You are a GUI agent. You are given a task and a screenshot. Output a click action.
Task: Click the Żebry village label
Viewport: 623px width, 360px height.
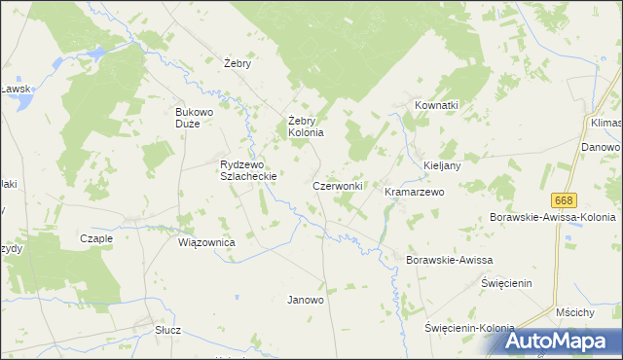[x=238, y=63]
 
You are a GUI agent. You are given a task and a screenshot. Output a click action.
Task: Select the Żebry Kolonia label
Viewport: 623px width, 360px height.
[x=305, y=126]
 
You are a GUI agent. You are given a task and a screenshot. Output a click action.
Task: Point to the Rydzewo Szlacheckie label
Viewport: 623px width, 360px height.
[x=249, y=170]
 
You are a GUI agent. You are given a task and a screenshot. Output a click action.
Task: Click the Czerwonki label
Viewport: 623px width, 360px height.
[x=338, y=185]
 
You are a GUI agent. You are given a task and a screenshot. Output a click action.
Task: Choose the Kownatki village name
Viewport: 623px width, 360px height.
[x=436, y=104]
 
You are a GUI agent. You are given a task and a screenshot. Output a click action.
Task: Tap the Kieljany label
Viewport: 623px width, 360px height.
[x=442, y=165]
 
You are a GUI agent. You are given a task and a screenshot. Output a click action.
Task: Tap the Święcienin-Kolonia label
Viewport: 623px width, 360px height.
[x=469, y=328]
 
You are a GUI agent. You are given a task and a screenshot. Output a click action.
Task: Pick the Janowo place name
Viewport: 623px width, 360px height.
[x=305, y=300]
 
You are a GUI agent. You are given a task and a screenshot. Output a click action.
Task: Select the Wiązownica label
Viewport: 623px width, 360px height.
[x=206, y=241]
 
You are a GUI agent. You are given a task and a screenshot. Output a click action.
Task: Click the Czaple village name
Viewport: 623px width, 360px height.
[x=96, y=238]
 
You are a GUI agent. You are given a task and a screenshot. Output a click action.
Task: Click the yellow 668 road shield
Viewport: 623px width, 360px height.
[x=563, y=199]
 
